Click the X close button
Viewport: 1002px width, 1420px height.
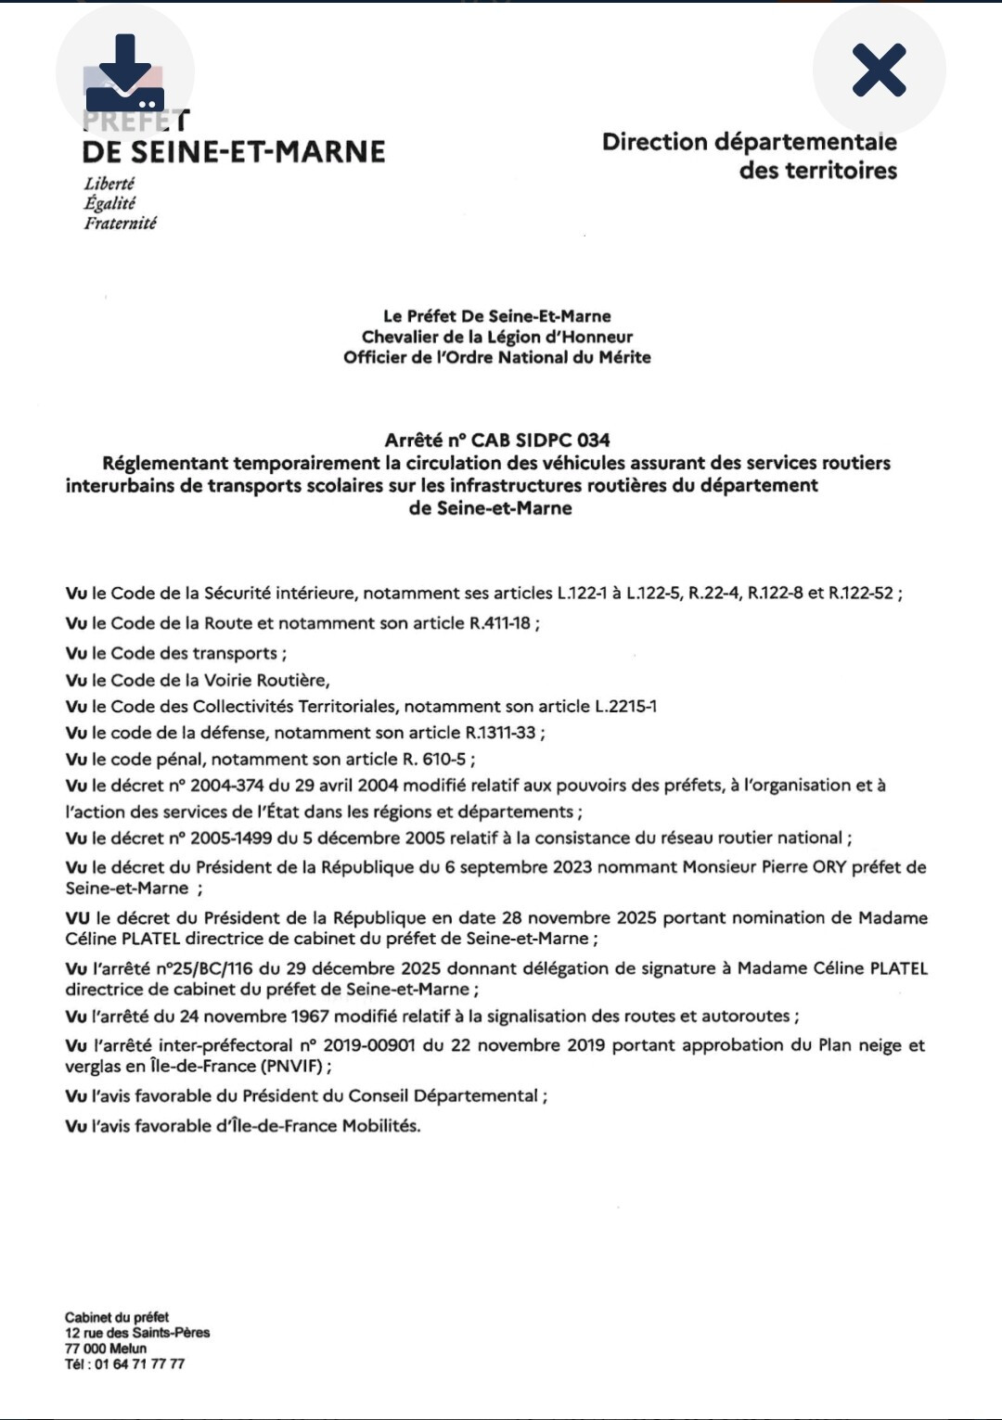pos(879,70)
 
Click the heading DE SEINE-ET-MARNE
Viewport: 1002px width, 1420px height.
pos(234,151)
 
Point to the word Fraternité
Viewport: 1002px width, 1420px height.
pos(121,223)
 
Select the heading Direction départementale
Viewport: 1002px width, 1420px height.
pos(749,142)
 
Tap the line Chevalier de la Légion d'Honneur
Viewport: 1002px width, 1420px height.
pos(497,337)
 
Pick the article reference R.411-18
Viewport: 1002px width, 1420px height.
pos(500,622)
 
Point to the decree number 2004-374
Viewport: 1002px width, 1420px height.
pos(226,785)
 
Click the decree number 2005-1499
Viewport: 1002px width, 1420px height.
pos(231,838)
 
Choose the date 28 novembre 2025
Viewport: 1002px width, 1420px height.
pos(579,917)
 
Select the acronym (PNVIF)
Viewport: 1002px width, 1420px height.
pos(291,1066)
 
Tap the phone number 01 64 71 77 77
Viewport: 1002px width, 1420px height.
pos(139,1363)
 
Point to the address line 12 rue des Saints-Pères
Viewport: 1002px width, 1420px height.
pos(137,1332)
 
